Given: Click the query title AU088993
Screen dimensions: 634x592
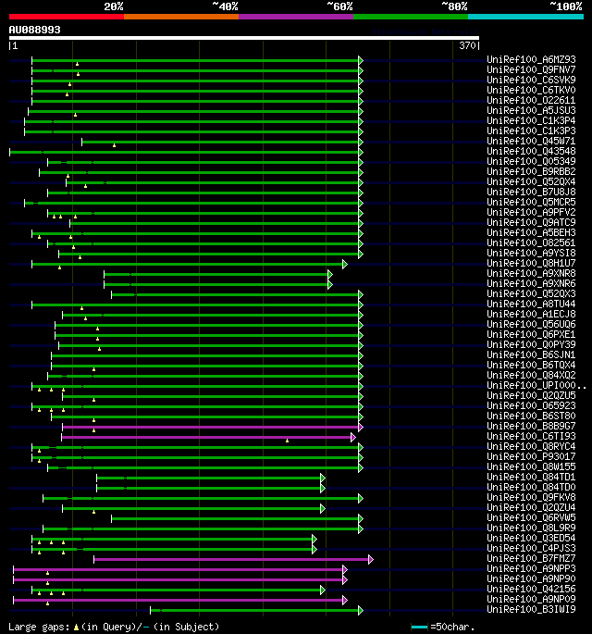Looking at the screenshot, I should tap(35, 30).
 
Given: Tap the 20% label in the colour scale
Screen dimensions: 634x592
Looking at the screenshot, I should tap(114, 6).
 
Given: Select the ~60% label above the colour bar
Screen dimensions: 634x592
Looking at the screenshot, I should tap(339, 6).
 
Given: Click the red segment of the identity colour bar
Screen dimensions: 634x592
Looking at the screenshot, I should tap(66, 17).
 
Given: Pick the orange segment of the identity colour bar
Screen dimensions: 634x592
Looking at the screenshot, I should tap(180, 17).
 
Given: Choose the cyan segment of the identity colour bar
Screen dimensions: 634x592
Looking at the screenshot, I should tap(524, 17).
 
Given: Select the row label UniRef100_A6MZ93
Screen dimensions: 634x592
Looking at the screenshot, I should tap(531, 59).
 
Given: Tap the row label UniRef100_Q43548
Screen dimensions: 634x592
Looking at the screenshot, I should tap(531, 151).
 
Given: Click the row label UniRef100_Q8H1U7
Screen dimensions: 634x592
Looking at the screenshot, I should tap(531, 263).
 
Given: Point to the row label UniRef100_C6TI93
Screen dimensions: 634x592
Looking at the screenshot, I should tap(531, 436).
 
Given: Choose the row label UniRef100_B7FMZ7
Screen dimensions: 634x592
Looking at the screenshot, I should tap(531, 558).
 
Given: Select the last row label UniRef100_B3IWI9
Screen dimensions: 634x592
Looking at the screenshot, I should tap(531, 609).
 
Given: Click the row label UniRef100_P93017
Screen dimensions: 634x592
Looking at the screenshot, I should tap(531, 456).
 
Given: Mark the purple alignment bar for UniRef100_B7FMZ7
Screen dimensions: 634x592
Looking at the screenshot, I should tap(231, 559).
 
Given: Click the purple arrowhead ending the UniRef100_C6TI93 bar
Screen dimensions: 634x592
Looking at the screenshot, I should tap(353, 437).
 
